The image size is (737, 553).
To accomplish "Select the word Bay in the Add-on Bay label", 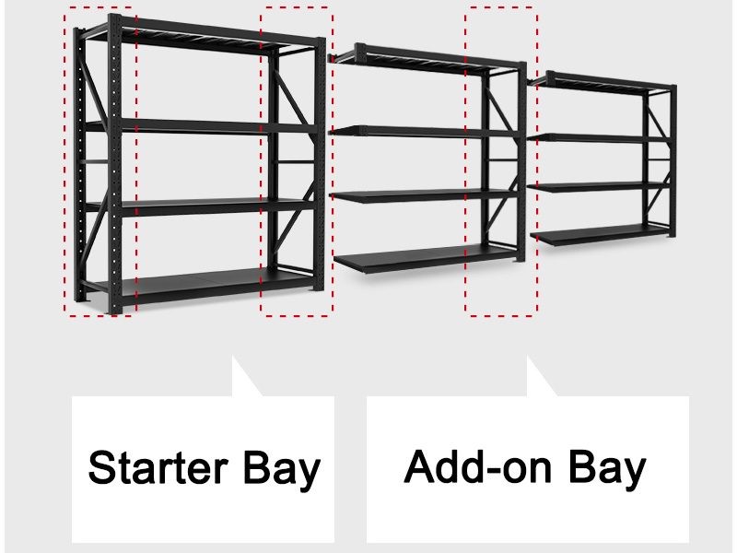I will coord(606,466).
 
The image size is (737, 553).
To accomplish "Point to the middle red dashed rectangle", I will coord(296,161).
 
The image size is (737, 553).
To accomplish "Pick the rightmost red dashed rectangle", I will coord(500,161).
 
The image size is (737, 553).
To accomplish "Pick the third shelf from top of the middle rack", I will coord(419,194).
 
